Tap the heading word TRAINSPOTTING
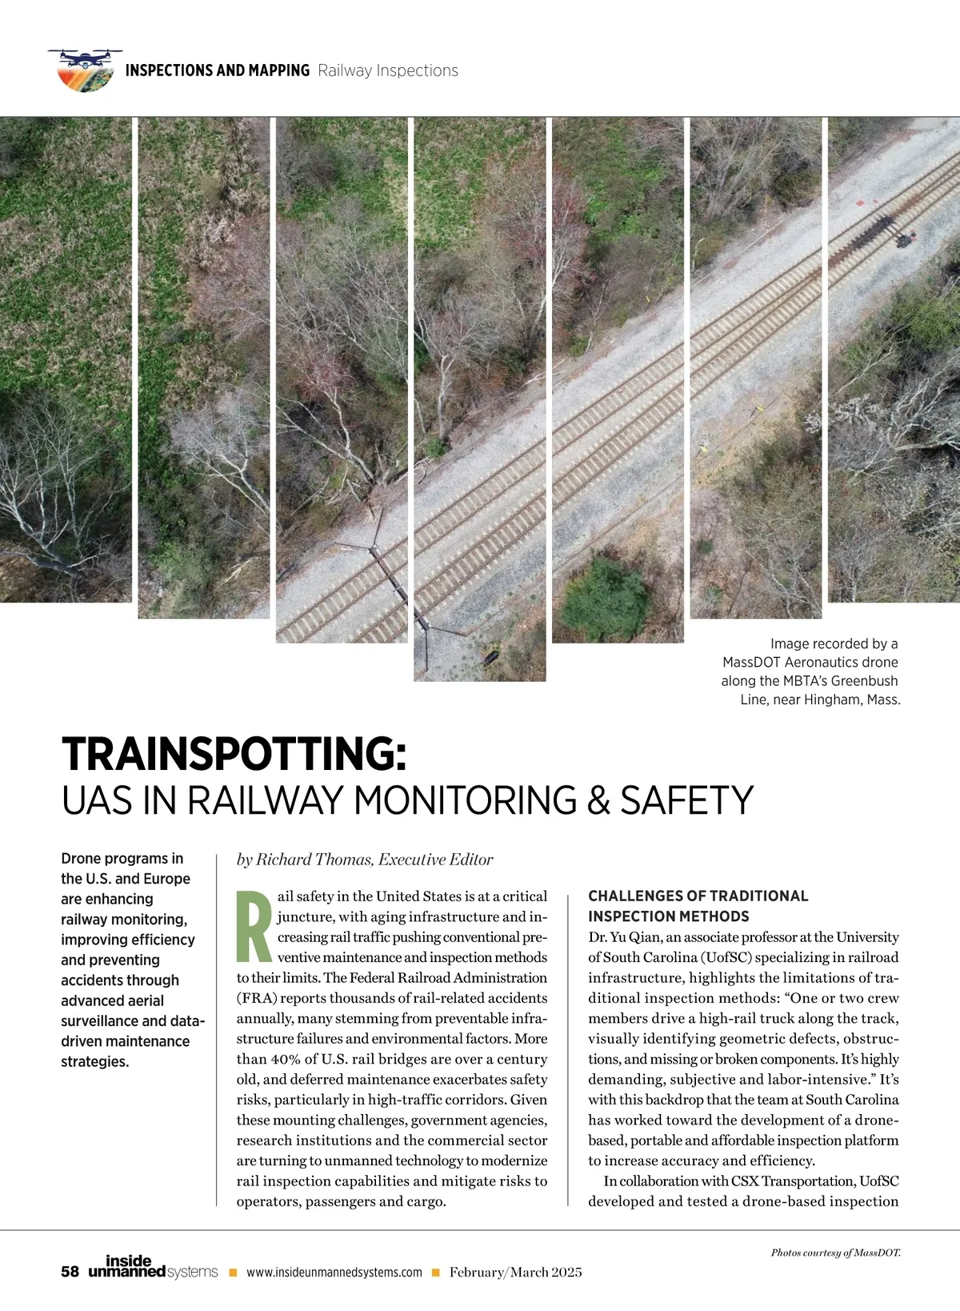click(234, 753)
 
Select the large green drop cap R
click(254, 925)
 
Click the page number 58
click(70, 1272)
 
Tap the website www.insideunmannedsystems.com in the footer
click(334, 1273)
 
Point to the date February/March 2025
click(515, 1272)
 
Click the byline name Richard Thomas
click(314, 860)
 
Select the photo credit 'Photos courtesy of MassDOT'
click(835, 1253)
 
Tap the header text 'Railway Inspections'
click(388, 70)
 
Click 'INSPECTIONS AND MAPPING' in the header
click(218, 70)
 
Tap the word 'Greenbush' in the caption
click(864, 681)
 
